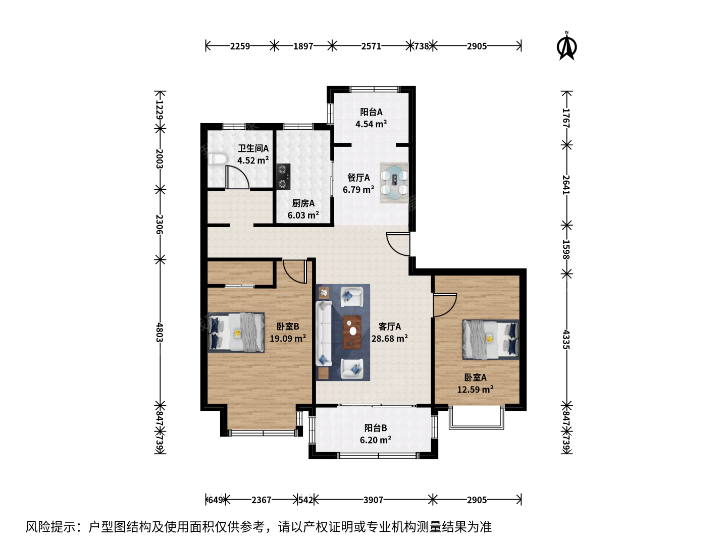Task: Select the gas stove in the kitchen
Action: click(283, 177)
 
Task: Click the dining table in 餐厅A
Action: click(394, 183)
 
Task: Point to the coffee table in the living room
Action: click(352, 332)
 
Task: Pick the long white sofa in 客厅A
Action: click(324, 333)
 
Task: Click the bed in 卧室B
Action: click(236, 332)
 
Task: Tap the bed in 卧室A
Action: click(491, 340)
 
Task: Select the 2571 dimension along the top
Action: click(371, 46)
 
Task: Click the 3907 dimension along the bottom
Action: click(373, 500)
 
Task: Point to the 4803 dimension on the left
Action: click(160, 333)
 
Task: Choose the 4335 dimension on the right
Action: click(566, 340)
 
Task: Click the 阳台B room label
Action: click(376, 428)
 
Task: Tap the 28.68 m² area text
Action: click(389, 339)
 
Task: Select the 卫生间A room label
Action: click(253, 148)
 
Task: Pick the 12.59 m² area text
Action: click(475, 390)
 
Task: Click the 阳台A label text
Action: click(371, 112)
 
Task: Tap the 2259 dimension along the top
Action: click(240, 46)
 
